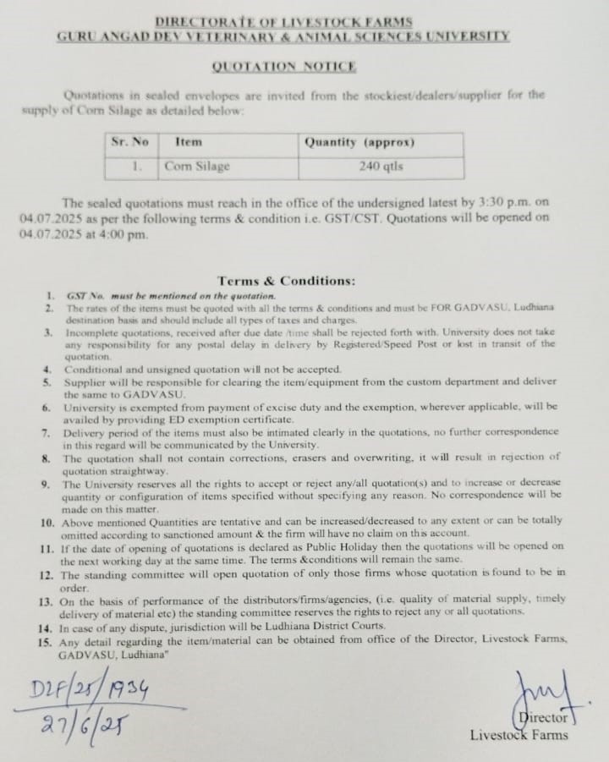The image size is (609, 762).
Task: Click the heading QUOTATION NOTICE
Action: [x=283, y=66]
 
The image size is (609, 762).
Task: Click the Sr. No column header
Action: [x=129, y=143]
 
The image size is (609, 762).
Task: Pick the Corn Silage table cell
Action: [x=197, y=167]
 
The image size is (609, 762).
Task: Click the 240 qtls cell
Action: [x=381, y=167]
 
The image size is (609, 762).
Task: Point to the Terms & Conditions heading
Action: [x=286, y=281]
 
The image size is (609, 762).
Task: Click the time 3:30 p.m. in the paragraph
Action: [x=503, y=203]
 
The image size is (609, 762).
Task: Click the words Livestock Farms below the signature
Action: [x=520, y=734]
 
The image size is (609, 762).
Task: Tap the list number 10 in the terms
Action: [x=47, y=523]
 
